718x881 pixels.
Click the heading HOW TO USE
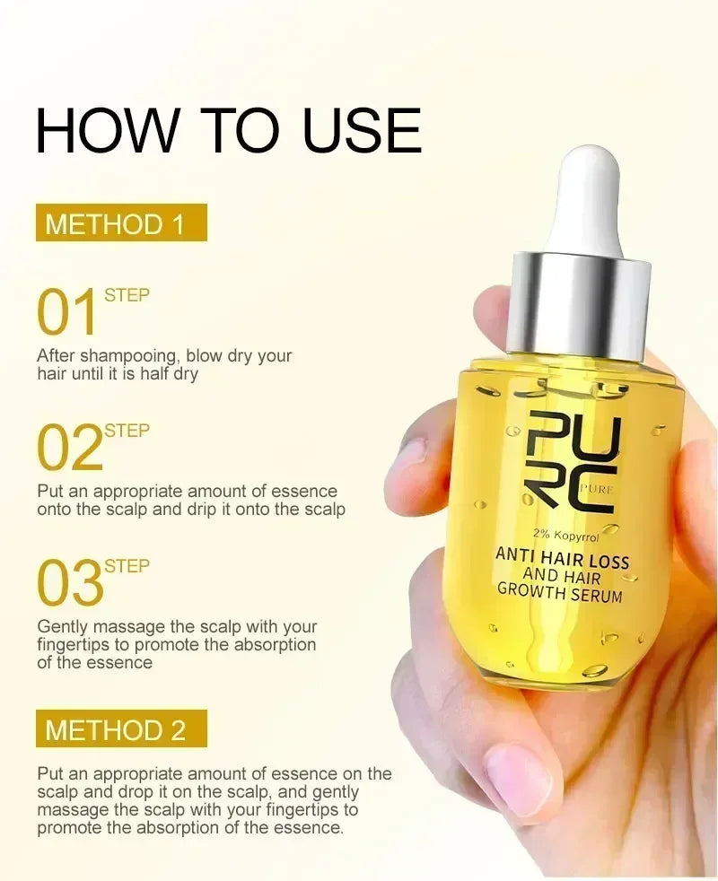pos(228,131)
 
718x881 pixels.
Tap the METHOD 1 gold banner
pos(121,223)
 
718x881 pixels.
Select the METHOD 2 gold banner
pos(121,729)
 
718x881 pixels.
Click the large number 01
pos(67,313)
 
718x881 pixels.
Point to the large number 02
pos(69,449)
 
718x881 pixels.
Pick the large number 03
pos(69,584)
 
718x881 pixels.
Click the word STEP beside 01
pos(127,295)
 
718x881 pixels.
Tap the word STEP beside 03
pos(127,566)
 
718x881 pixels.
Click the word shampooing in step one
pos(132,356)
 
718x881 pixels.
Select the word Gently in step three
pos(61,627)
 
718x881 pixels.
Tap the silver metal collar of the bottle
pos(578,305)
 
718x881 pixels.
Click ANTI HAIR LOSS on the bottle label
pos(563,559)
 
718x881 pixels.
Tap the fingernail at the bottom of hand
pos(518,778)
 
